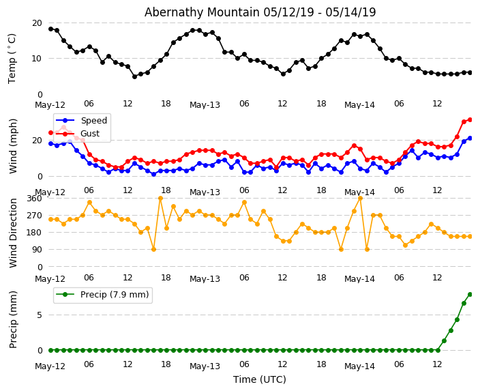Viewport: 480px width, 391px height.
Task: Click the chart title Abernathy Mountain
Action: pyautogui.click(x=260, y=12)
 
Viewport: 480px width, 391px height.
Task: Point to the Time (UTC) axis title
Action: pyautogui.click(x=260, y=379)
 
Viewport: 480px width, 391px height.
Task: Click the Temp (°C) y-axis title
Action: pyautogui.click(x=12, y=58)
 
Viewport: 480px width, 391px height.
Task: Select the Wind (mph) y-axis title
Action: pyautogui.click(x=13, y=145)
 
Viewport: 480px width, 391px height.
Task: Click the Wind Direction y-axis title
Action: pyautogui.click(x=13, y=232)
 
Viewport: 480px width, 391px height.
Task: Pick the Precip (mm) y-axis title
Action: pyautogui.click(x=13, y=319)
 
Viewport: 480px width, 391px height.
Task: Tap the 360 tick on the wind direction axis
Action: pyautogui.click(x=34, y=199)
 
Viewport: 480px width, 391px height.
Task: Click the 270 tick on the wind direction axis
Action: pyautogui.click(x=34, y=216)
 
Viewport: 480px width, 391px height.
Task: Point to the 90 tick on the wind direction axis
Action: pyautogui.click(x=37, y=250)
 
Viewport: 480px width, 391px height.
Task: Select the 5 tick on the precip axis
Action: pyautogui.click(x=40, y=315)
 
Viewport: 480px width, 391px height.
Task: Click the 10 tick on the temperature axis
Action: pyautogui.click(x=37, y=59)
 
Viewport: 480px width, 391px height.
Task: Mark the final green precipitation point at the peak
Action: pyautogui.click(x=470, y=294)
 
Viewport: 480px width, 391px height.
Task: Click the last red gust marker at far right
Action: pyautogui.click(x=470, y=119)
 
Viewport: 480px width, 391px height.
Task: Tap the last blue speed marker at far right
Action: pyautogui.click(x=470, y=138)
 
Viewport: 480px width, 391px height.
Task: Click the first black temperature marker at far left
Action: pyautogui.click(x=50, y=29)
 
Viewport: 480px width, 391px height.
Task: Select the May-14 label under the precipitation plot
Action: pyautogui.click(x=359, y=366)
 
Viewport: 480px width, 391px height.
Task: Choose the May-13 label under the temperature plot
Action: pyautogui.click(x=205, y=105)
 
